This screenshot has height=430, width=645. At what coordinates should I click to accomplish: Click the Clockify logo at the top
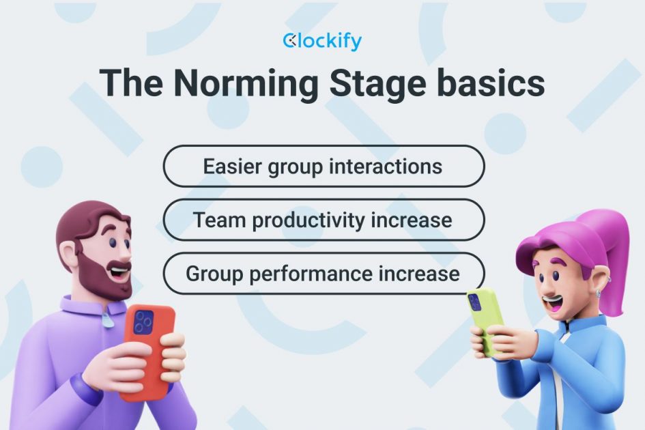(322, 42)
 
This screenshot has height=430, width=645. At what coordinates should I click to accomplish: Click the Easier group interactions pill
(324, 166)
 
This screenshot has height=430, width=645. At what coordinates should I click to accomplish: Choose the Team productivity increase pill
(324, 220)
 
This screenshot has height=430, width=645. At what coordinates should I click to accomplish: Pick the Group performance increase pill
(324, 274)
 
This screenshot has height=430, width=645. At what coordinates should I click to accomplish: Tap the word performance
(308, 274)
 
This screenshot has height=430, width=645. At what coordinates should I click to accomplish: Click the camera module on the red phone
(143, 321)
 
